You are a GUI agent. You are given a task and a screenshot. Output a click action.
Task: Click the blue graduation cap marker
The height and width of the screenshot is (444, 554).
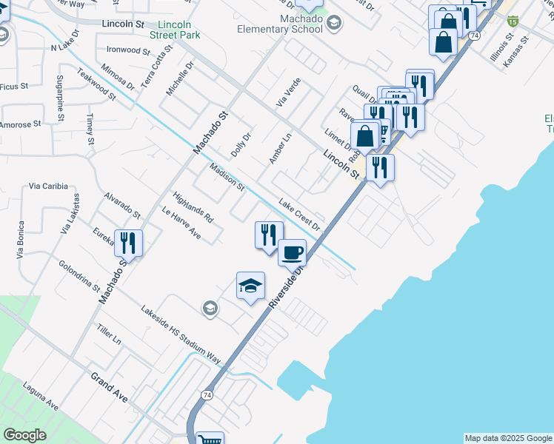(x=250, y=286)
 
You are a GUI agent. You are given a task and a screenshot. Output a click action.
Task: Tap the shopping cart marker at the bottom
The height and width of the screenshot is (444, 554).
(x=210, y=439)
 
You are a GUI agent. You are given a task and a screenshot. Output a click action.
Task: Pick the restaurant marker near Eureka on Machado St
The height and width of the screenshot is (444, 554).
(x=128, y=243)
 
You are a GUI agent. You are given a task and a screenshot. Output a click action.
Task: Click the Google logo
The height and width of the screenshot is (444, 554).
(x=24, y=434)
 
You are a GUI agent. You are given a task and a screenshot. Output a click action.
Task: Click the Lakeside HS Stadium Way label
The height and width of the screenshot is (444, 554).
(x=181, y=334)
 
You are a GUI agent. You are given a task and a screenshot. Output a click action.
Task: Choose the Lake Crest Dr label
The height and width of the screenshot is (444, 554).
(x=301, y=214)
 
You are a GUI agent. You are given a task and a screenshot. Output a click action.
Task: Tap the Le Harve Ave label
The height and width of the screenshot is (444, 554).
(x=181, y=222)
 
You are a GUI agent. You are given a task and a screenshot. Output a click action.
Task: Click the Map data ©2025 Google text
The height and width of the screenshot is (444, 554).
(x=508, y=438)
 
